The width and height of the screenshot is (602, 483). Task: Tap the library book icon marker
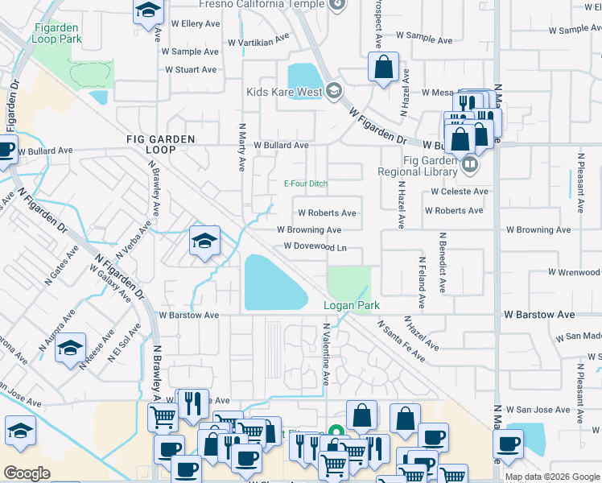point(471,165)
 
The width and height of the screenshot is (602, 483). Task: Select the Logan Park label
point(351,306)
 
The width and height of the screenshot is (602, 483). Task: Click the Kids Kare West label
point(284,91)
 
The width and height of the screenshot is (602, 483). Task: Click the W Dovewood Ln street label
point(315,246)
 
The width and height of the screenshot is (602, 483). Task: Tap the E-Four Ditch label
point(306,184)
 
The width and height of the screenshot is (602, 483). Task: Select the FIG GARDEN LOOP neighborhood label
point(161,144)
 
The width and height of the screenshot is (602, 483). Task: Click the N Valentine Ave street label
point(327,354)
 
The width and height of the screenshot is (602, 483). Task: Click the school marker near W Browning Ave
point(204,240)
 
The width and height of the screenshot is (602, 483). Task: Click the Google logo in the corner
point(27,473)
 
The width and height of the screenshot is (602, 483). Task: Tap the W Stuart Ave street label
point(191,70)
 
